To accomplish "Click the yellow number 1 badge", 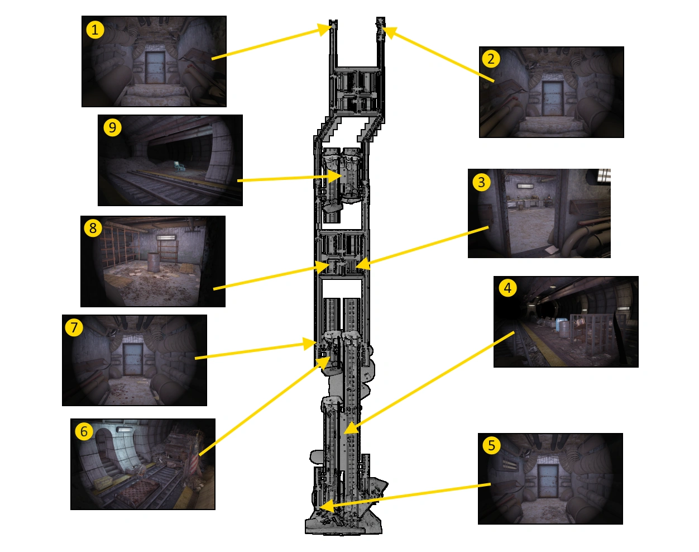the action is click(x=95, y=30).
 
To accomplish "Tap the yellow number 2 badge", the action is click(x=491, y=59).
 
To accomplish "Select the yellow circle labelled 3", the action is click(x=481, y=182).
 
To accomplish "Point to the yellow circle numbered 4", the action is click(x=508, y=288).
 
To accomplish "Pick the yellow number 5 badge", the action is click(x=491, y=445).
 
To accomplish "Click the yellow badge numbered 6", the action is click(x=84, y=431).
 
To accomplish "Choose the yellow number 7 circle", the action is click(x=74, y=327).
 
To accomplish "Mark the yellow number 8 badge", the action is click(x=93, y=228).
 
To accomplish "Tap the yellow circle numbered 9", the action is click(x=112, y=128).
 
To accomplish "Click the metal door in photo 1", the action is click(x=155, y=67).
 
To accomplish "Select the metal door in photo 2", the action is click(x=552, y=98).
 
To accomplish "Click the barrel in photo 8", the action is click(x=152, y=262).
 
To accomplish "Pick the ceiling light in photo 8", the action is click(x=166, y=237).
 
